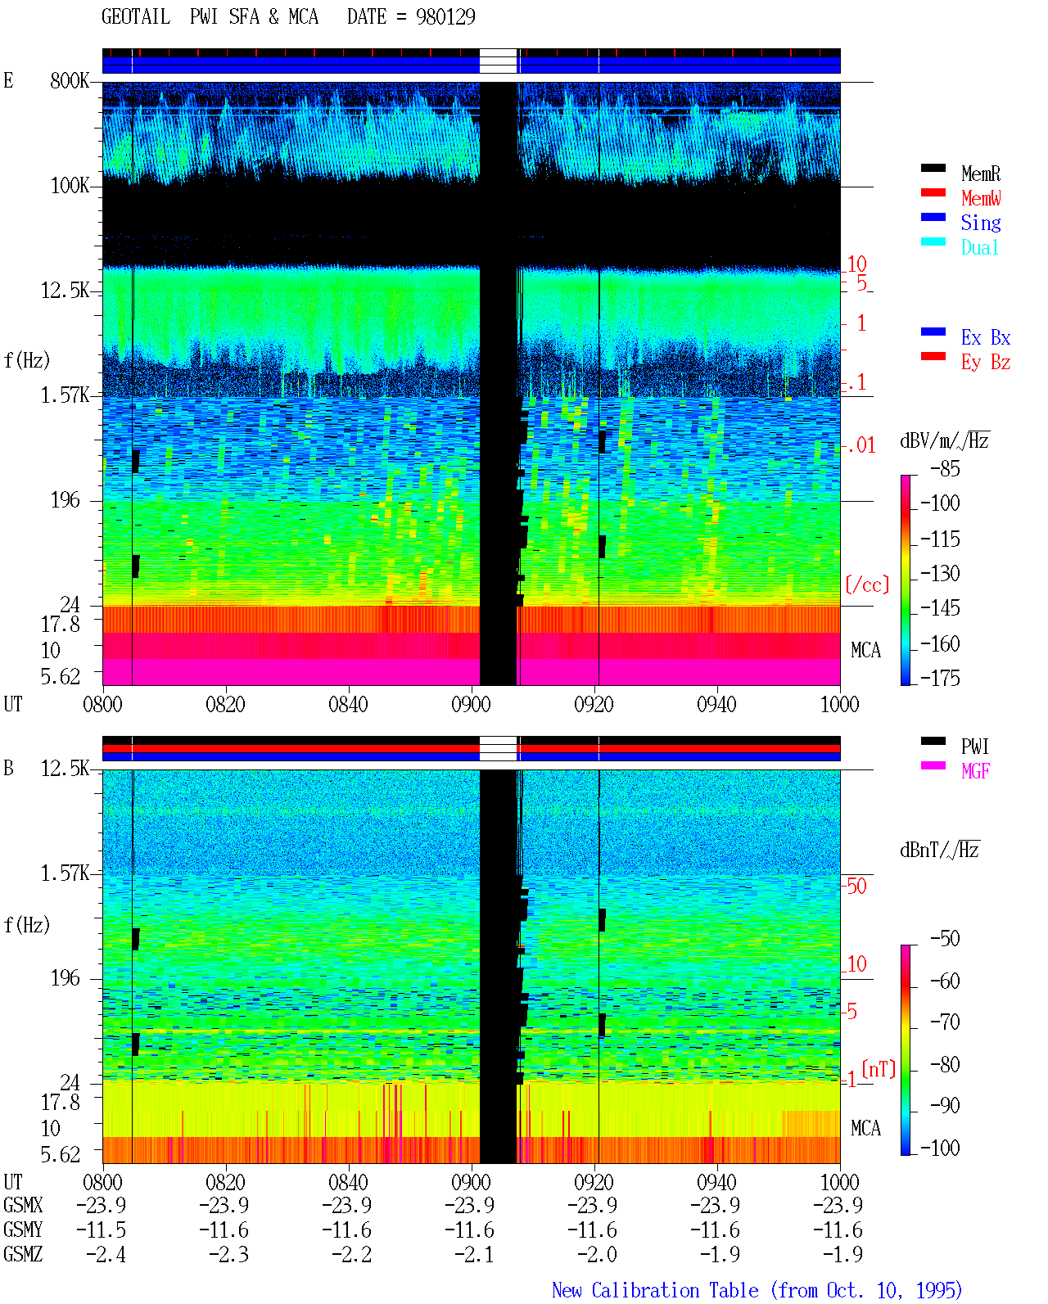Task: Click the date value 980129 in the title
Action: [445, 16]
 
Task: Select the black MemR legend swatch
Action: [933, 169]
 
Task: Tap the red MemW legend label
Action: [981, 198]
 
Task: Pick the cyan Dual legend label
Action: [980, 247]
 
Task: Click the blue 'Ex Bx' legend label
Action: [986, 337]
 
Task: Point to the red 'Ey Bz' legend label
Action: [986, 363]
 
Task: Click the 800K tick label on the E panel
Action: [70, 80]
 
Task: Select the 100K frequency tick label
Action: [70, 186]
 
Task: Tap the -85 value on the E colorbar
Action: [945, 468]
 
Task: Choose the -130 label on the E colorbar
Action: [940, 573]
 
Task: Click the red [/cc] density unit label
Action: [867, 584]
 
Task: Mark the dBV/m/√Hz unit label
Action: [944, 440]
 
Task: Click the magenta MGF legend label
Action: [976, 771]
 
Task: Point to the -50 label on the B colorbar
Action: [945, 939]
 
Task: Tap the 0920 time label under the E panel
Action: [594, 704]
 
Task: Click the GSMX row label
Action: [23, 1205]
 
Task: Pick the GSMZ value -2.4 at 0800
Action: [106, 1254]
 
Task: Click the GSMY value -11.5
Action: [102, 1230]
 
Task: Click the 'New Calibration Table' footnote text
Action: [655, 1290]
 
